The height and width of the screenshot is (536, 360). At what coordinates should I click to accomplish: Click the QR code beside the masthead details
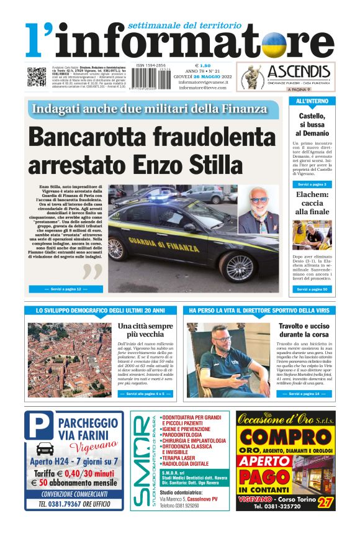(x=37, y=76)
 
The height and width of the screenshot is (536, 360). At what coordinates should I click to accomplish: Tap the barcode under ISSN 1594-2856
(x=151, y=79)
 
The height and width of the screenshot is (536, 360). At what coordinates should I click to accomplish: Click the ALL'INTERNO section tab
(x=312, y=101)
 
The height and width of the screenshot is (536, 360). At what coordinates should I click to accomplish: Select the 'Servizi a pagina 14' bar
(x=304, y=394)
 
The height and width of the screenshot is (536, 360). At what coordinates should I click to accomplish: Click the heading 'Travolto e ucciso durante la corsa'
(x=303, y=330)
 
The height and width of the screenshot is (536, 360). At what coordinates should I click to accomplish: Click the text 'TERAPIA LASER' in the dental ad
(x=181, y=457)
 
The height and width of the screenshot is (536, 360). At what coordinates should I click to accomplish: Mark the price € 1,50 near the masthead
(x=203, y=65)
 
